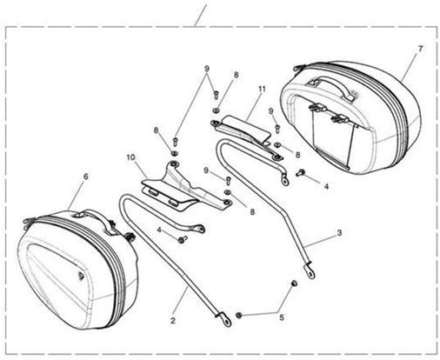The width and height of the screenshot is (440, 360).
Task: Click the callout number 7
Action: [x=420, y=49]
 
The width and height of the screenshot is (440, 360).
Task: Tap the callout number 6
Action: [x=86, y=177]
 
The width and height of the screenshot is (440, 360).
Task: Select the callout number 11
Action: [x=262, y=89]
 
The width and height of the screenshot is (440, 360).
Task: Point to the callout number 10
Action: [x=130, y=157]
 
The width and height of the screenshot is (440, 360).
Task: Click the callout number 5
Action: [x=282, y=317]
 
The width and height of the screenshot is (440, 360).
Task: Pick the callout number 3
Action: [x=339, y=233]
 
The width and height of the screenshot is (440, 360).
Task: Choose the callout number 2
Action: [x=173, y=321]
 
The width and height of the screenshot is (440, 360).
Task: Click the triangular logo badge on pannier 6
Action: [x=80, y=275]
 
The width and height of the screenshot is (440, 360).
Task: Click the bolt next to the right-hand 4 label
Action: [x=300, y=173]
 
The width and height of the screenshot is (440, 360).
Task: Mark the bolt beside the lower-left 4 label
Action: [x=182, y=239]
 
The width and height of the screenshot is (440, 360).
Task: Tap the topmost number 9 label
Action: [x=207, y=69]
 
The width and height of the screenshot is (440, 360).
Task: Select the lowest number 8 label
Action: [x=252, y=212]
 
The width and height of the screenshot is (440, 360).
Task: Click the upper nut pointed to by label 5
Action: [x=294, y=283]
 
